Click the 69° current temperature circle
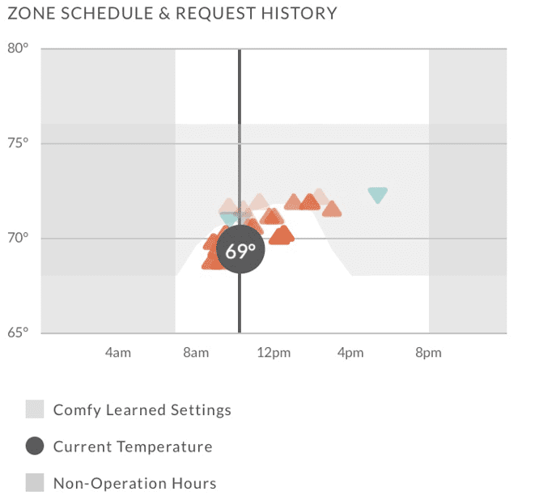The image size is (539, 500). click(240, 250)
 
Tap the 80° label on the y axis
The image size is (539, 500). click(18, 48)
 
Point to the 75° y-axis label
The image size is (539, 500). click(18, 143)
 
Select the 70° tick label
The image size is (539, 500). click(18, 238)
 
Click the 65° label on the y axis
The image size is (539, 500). click(18, 332)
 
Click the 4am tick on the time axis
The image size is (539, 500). click(117, 353)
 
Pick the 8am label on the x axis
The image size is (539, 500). click(195, 353)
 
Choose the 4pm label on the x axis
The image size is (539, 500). click(350, 353)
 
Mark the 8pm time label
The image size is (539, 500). click(428, 353)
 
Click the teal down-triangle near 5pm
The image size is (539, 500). click(377, 194)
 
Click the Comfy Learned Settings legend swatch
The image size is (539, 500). click(35, 409)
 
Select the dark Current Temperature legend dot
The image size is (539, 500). click(35, 447)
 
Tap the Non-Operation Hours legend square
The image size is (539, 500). click(35, 484)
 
